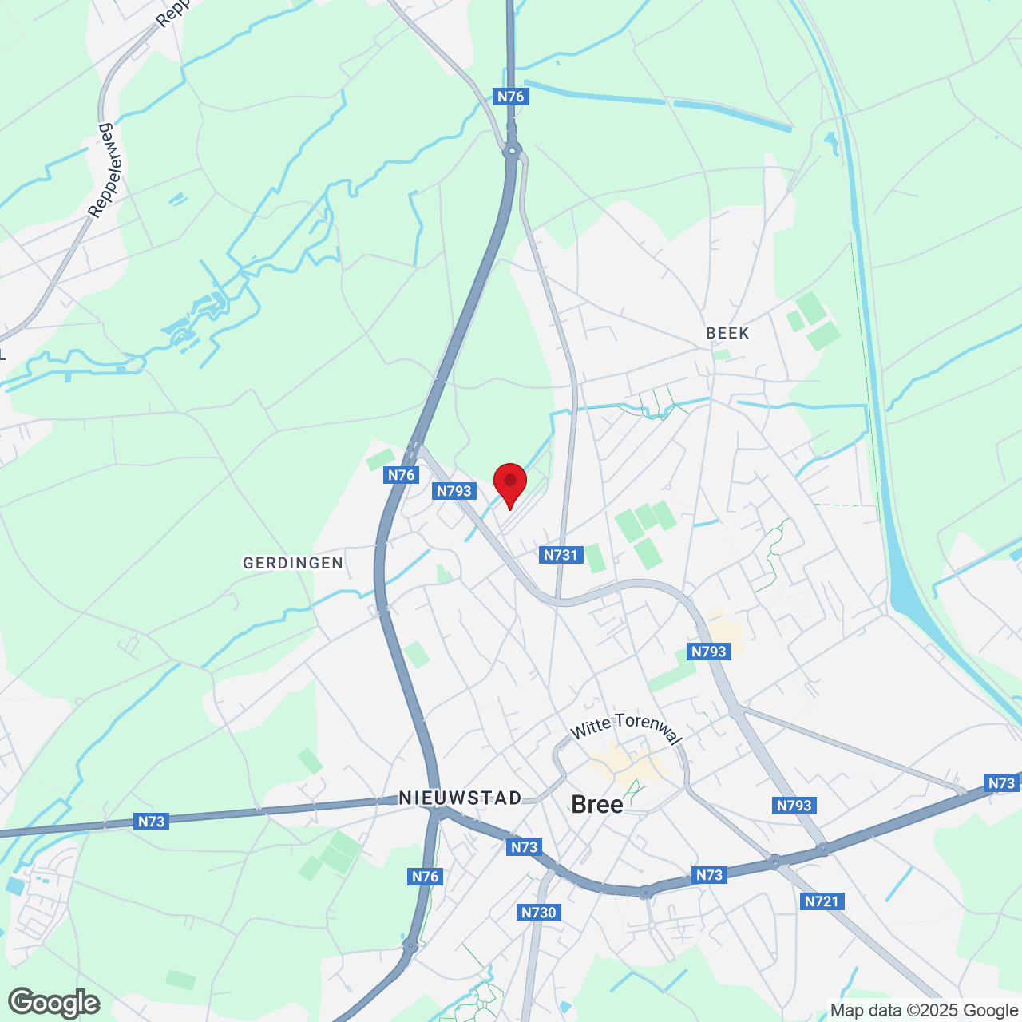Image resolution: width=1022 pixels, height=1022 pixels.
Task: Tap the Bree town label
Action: pos(597,804)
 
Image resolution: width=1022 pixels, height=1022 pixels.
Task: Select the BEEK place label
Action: pos(727,333)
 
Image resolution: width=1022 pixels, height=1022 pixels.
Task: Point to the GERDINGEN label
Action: pos(293,563)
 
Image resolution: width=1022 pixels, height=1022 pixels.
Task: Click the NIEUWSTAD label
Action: pos(460,798)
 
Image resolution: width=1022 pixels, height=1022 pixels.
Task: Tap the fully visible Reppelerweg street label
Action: pos(109,170)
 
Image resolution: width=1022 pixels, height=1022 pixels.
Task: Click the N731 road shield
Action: pos(561,555)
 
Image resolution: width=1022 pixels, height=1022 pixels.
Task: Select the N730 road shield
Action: pos(538,913)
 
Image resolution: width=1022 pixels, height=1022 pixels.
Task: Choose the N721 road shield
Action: pos(822,901)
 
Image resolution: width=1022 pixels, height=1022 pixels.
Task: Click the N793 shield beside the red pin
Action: pos(454,491)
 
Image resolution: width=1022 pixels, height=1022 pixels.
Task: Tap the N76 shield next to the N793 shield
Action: pos(401,475)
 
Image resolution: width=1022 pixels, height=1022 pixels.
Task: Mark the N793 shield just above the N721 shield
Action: pos(794,806)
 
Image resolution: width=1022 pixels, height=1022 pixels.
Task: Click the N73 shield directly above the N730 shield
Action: pos(524,847)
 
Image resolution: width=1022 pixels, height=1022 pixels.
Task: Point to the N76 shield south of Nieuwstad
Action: pos(425,877)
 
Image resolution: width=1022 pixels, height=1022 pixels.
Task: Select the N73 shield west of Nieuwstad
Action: pos(151,822)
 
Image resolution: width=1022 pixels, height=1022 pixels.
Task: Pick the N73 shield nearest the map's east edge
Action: pos(1001,783)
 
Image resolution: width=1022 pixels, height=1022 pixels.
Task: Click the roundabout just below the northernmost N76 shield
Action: pos(512,149)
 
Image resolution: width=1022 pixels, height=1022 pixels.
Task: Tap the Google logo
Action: pos(53,1003)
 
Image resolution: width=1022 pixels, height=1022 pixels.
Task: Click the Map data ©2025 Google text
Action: pos(924,1011)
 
